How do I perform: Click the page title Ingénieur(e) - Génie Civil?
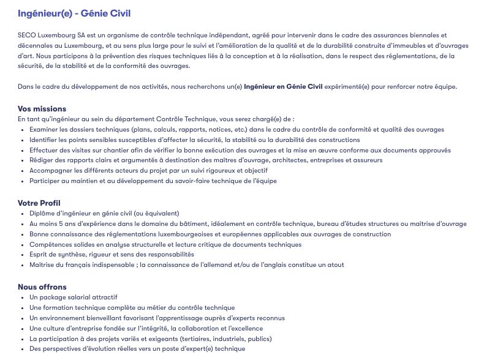click(x=74, y=13)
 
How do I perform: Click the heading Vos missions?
click(x=42, y=109)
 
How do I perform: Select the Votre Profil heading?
click(x=39, y=203)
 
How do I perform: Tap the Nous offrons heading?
click(x=42, y=287)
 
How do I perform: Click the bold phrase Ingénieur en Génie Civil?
click(x=282, y=86)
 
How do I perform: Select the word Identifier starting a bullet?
click(x=43, y=140)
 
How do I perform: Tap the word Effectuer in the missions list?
click(x=43, y=150)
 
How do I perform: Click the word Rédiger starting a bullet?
click(x=41, y=160)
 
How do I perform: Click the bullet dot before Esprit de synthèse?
click(x=23, y=255)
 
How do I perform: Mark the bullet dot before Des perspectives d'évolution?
click(x=23, y=349)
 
